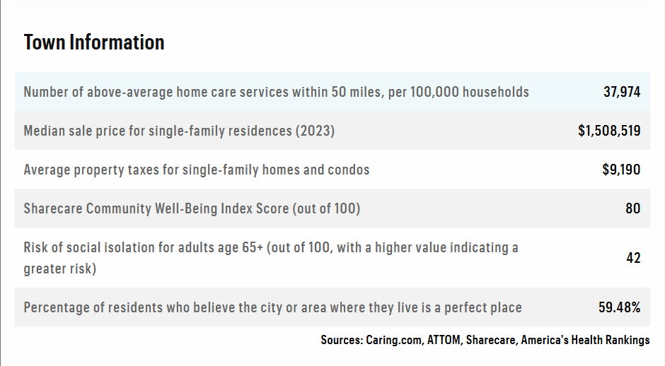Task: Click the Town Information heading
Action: pos(93,42)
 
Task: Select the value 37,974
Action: pos(622,92)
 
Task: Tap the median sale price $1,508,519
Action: pos(609,131)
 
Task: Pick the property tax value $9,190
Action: pos(621,170)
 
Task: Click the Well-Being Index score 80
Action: pos(632,208)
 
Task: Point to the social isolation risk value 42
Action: pos(633,258)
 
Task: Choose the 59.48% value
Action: pos(619,307)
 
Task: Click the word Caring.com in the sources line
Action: pos(395,340)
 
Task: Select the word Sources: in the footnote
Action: pos(342,340)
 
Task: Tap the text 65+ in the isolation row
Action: pos(253,247)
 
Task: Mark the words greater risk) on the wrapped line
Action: pos(60,268)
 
